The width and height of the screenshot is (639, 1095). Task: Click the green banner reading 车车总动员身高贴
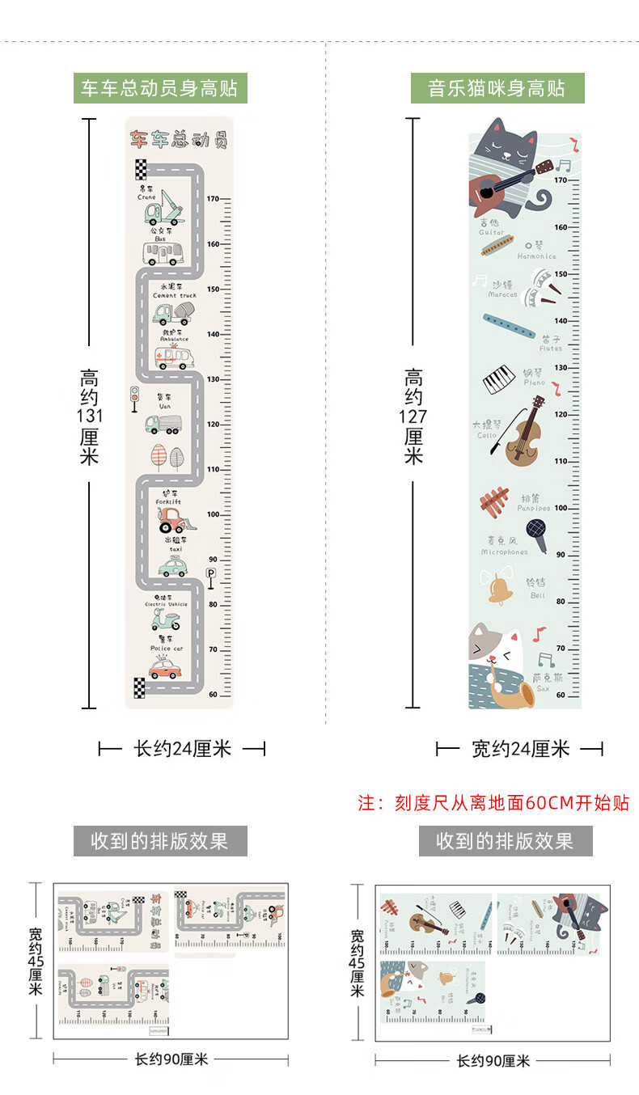pos(160,88)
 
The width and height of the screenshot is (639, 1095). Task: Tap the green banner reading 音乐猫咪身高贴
pos(497,88)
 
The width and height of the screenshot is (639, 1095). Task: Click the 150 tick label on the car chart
pos(214,289)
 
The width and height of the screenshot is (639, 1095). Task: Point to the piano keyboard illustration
pos(500,378)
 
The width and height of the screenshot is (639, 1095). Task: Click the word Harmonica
pos(537,256)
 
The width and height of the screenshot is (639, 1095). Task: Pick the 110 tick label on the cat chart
pos(561,461)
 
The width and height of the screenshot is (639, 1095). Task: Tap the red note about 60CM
pos(493,802)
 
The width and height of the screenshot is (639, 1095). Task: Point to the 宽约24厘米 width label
pos(521,749)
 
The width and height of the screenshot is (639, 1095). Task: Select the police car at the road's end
pos(166,668)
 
